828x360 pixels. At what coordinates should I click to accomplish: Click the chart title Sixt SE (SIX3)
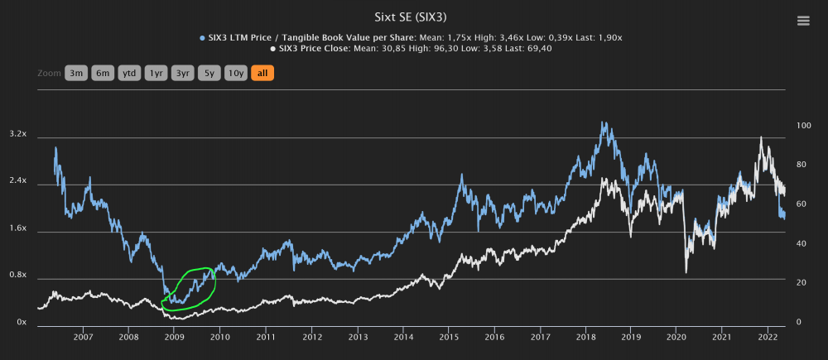tap(413, 16)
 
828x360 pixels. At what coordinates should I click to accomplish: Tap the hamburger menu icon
tap(802, 22)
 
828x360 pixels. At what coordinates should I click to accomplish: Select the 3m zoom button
tap(76, 73)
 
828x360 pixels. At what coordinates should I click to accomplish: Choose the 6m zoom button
tap(103, 73)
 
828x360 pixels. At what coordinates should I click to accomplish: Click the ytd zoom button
tap(129, 73)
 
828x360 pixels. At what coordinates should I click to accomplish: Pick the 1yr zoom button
tap(156, 73)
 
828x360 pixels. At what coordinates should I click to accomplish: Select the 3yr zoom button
tap(182, 73)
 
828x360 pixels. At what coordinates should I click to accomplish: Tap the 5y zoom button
tap(209, 73)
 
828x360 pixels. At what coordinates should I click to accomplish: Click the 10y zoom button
tap(236, 73)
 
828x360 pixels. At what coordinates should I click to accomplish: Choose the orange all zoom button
tap(262, 73)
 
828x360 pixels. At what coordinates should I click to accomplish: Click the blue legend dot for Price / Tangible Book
tap(202, 37)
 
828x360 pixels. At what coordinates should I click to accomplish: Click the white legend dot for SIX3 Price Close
tap(275, 49)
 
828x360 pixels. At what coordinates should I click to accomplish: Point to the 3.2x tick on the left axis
tap(17, 134)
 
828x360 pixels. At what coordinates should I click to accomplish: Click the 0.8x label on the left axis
tap(17, 276)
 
